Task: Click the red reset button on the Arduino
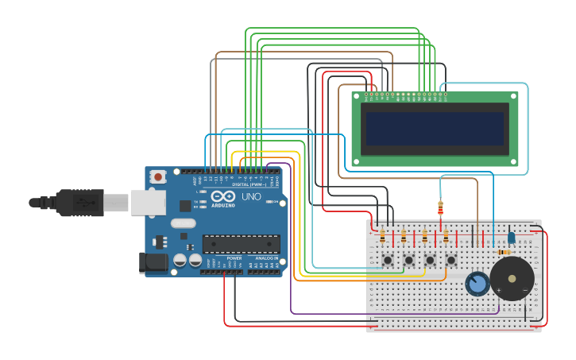(x=158, y=176)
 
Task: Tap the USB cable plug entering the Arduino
(x=79, y=203)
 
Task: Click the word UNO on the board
(x=251, y=196)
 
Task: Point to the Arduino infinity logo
(x=223, y=196)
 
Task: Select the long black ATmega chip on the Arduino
(x=241, y=243)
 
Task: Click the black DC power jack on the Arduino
(x=153, y=263)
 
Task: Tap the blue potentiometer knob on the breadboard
(x=477, y=284)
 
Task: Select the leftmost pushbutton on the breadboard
(x=388, y=260)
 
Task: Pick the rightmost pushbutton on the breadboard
(x=451, y=260)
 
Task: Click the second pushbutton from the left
(x=409, y=260)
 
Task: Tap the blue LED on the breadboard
(x=512, y=237)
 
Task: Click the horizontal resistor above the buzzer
(x=504, y=252)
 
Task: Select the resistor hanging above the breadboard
(x=440, y=209)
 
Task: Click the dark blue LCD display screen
(x=434, y=128)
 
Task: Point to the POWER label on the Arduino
(x=234, y=258)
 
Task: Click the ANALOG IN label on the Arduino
(x=267, y=258)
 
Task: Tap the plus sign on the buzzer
(x=499, y=290)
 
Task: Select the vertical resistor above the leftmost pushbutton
(x=382, y=236)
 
